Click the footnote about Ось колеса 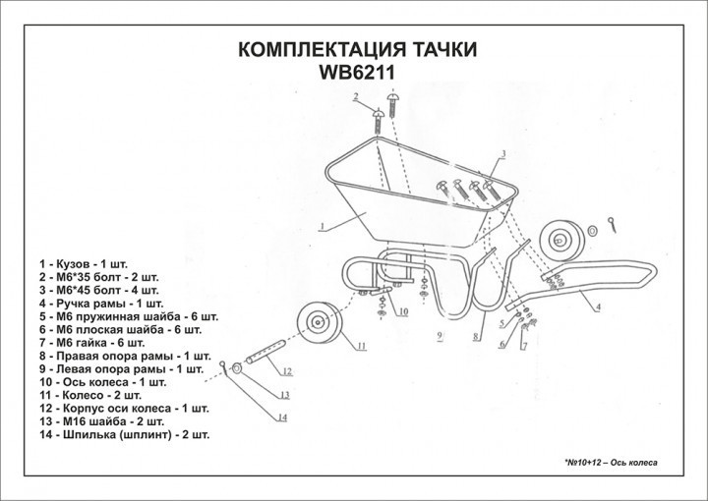click(x=610, y=462)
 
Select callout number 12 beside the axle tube click(x=287, y=372)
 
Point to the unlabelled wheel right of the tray click(x=563, y=240)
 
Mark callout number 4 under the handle click(x=597, y=307)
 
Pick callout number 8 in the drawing click(x=475, y=336)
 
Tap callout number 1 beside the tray click(x=322, y=225)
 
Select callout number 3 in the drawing click(x=501, y=153)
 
